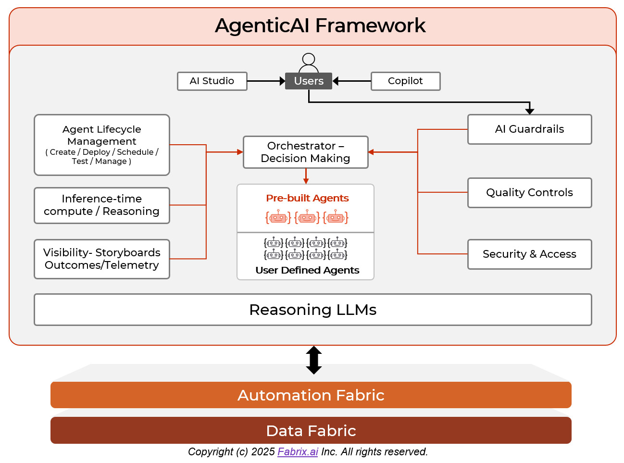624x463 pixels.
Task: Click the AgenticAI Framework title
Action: click(320, 25)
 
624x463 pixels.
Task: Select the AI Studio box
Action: click(212, 81)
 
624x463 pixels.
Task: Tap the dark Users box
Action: click(309, 81)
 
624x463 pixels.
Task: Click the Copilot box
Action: click(405, 81)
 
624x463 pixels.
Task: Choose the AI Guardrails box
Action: click(529, 129)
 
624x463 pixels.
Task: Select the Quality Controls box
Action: click(529, 193)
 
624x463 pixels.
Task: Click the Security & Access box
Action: click(529, 254)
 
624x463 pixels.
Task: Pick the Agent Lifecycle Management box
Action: click(102, 145)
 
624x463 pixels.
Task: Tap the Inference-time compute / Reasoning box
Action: click(102, 205)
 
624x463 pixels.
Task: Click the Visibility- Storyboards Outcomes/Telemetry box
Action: click(102, 259)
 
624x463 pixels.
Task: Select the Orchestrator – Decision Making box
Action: click(306, 152)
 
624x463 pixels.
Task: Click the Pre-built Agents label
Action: click(307, 198)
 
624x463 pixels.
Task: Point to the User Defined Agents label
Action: click(307, 270)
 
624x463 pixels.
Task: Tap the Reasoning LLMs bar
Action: click(312, 310)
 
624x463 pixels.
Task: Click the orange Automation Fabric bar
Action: click(311, 395)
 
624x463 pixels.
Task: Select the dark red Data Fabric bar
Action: click(311, 431)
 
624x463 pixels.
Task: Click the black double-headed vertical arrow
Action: click(314, 360)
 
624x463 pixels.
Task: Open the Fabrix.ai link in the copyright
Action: click(298, 452)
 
